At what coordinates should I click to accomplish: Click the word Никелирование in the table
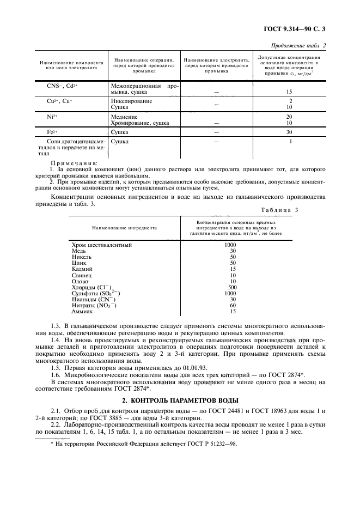[131, 101]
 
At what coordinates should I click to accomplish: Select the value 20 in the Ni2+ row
[290, 117]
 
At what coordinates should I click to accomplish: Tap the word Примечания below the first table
[74, 163]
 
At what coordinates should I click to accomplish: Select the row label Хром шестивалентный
[102, 245]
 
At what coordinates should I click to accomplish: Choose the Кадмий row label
[82, 269]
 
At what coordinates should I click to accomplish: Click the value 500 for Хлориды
[233, 287]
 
